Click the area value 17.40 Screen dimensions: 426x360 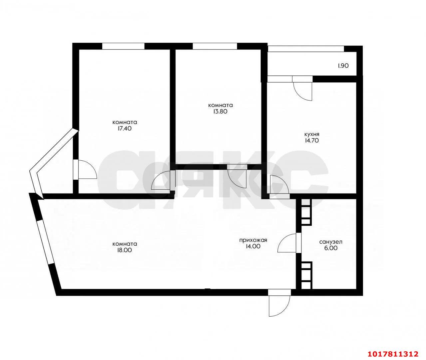[x=125, y=128]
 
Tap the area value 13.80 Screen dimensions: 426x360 [x=220, y=111]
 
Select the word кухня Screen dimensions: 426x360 [x=312, y=134]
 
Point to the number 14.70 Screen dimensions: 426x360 [x=312, y=140]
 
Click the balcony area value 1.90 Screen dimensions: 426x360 [x=343, y=66]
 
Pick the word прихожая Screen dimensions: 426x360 [x=253, y=240]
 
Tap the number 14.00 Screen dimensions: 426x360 [x=253, y=246]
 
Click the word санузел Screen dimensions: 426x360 [x=331, y=242]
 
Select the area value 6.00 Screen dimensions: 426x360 [x=331, y=248]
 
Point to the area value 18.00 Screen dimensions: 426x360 [x=125, y=250]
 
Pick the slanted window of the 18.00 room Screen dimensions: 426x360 [x=45, y=242]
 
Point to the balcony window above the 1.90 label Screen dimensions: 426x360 [x=306, y=49]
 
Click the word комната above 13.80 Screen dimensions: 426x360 [x=220, y=105]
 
